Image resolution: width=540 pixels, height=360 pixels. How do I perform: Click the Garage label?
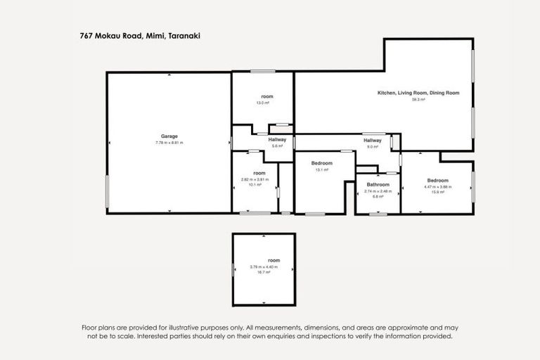169,136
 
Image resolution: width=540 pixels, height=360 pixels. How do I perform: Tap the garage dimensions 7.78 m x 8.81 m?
169,143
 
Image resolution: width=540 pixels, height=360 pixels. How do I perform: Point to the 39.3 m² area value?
418,99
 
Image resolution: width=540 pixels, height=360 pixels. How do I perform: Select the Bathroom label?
378,184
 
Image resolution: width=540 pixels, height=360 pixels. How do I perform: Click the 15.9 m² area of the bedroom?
437,193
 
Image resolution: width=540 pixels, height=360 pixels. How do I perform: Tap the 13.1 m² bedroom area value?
321,169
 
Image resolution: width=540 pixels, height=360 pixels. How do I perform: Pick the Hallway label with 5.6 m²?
277,140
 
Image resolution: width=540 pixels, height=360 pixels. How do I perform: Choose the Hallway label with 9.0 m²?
373,141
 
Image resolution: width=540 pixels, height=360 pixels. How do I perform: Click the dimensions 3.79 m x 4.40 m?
264,266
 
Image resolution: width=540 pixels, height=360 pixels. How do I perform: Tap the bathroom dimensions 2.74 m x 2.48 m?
378,191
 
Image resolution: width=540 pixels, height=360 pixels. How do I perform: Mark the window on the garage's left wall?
107,191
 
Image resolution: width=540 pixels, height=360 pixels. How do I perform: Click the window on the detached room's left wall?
233,269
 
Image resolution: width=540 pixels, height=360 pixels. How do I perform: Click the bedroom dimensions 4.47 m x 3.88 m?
437,187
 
